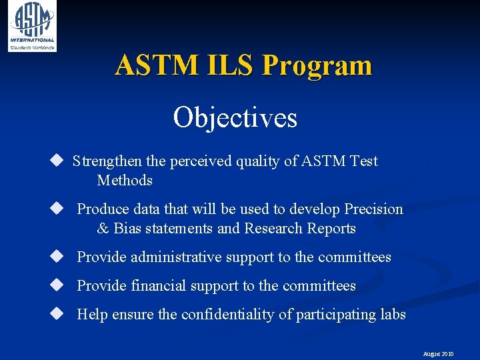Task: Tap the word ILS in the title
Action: (233, 65)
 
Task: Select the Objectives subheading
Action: (235, 118)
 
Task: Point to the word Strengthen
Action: (107, 161)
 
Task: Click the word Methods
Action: (125, 181)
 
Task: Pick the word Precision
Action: (373, 209)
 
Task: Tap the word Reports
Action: (331, 229)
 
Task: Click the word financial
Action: (159, 286)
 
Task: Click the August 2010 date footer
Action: (438, 354)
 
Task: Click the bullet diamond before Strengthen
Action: (56, 161)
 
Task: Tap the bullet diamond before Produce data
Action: (56, 209)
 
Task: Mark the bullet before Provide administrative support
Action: (56, 257)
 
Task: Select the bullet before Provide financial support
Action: (56, 285)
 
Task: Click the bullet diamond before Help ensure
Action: (56, 314)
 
